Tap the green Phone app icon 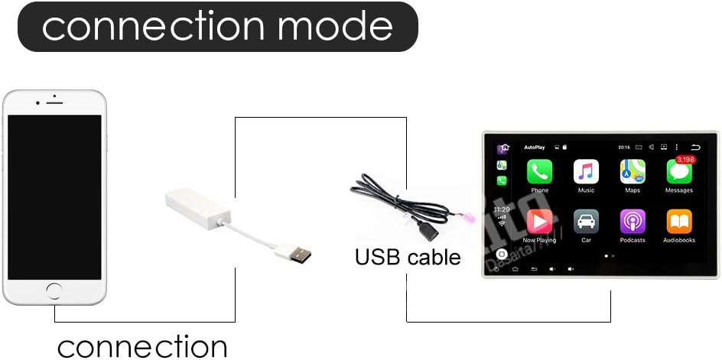(539, 172)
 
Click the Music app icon (586, 172)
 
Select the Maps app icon (633, 172)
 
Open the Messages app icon (678, 173)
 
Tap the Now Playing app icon (539, 222)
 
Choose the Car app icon (586, 222)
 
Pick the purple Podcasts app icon (633, 222)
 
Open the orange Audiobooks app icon (678, 222)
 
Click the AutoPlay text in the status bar (534, 147)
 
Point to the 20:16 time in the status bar (623, 147)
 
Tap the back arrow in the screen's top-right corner (695, 147)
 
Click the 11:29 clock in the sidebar (502, 209)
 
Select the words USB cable (408, 257)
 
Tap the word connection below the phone (142, 345)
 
